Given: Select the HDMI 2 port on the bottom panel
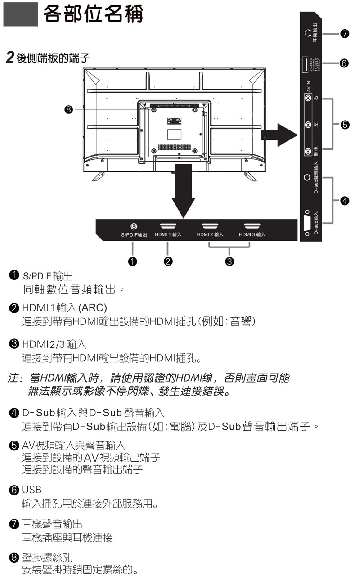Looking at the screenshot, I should pos(210,227).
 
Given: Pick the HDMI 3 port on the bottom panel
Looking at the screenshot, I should pos(252,227).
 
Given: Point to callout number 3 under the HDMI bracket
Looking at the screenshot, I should pos(230,261).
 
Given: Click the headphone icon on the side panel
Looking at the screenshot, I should pos(308,33).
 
